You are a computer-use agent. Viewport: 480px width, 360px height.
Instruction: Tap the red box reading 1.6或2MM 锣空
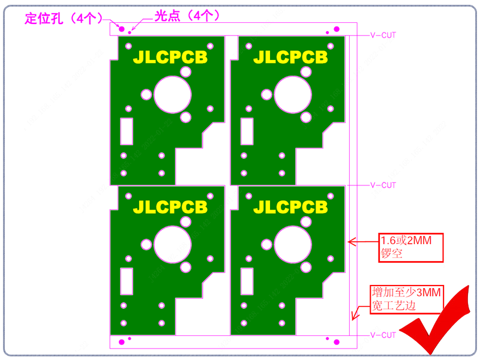click(x=411, y=248)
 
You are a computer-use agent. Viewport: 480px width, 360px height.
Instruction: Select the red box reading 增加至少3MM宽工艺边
click(x=407, y=299)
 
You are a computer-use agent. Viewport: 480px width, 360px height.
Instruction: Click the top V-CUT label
click(x=383, y=35)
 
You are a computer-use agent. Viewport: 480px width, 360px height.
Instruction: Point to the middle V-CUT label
click(x=383, y=185)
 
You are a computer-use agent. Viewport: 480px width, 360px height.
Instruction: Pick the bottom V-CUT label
click(x=383, y=335)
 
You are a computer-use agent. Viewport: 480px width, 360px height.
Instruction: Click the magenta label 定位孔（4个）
click(x=64, y=19)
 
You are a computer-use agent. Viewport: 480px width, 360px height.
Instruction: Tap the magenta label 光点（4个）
click(x=187, y=16)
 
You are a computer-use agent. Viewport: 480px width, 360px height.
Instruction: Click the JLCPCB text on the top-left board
click(x=170, y=57)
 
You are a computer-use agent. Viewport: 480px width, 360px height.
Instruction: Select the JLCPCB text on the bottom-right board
click(x=290, y=207)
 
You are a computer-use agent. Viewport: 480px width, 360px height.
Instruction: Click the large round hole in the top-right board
click(x=293, y=95)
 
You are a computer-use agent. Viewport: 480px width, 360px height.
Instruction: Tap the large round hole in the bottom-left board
click(x=173, y=245)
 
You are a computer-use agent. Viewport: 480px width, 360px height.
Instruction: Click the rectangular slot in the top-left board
click(x=127, y=131)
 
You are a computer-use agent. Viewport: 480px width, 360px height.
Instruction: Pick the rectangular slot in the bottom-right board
click(x=247, y=281)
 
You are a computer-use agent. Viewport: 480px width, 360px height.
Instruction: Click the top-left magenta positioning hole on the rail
click(x=122, y=29)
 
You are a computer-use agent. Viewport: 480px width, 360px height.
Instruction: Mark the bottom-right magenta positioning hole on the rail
click(x=337, y=342)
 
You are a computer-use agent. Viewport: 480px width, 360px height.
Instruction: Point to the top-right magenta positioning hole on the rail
click(x=337, y=29)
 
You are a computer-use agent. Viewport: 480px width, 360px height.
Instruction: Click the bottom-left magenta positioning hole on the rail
click(x=122, y=342)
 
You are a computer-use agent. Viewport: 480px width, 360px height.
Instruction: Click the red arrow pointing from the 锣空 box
click(x=364, y=242)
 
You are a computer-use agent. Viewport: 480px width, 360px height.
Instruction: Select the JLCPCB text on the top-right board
click(x=290, y=57)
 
